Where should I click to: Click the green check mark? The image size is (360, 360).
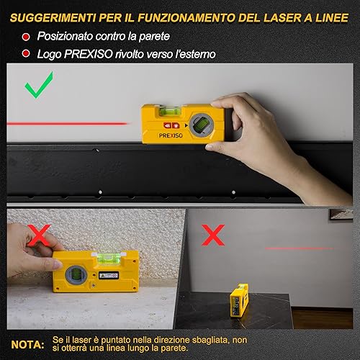pos(38,86)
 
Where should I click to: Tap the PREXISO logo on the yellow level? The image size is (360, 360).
pos(171,135)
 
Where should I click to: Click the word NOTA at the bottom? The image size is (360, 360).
pos(27,345)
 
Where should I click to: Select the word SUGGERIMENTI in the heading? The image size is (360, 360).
pos(53,18)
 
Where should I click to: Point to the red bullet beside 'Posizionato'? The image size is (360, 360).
pos(26,37)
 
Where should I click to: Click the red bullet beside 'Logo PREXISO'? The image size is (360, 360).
pos(26,53)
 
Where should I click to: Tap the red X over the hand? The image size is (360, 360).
pos(39,235)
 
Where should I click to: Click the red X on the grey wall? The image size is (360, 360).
pos(213,235)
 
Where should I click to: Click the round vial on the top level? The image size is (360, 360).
pos(202,125)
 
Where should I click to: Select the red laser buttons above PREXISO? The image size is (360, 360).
pos(171,125)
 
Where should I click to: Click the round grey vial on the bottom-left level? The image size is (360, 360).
pos(76,276)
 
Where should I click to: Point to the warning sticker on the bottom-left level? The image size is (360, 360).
pos(109,275)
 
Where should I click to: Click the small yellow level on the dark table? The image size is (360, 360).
pos(239,300)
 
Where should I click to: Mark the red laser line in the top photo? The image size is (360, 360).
pos(67,124)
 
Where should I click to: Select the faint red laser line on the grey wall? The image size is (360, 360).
pos(299,248)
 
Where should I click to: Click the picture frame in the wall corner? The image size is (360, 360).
pos(341,215)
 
